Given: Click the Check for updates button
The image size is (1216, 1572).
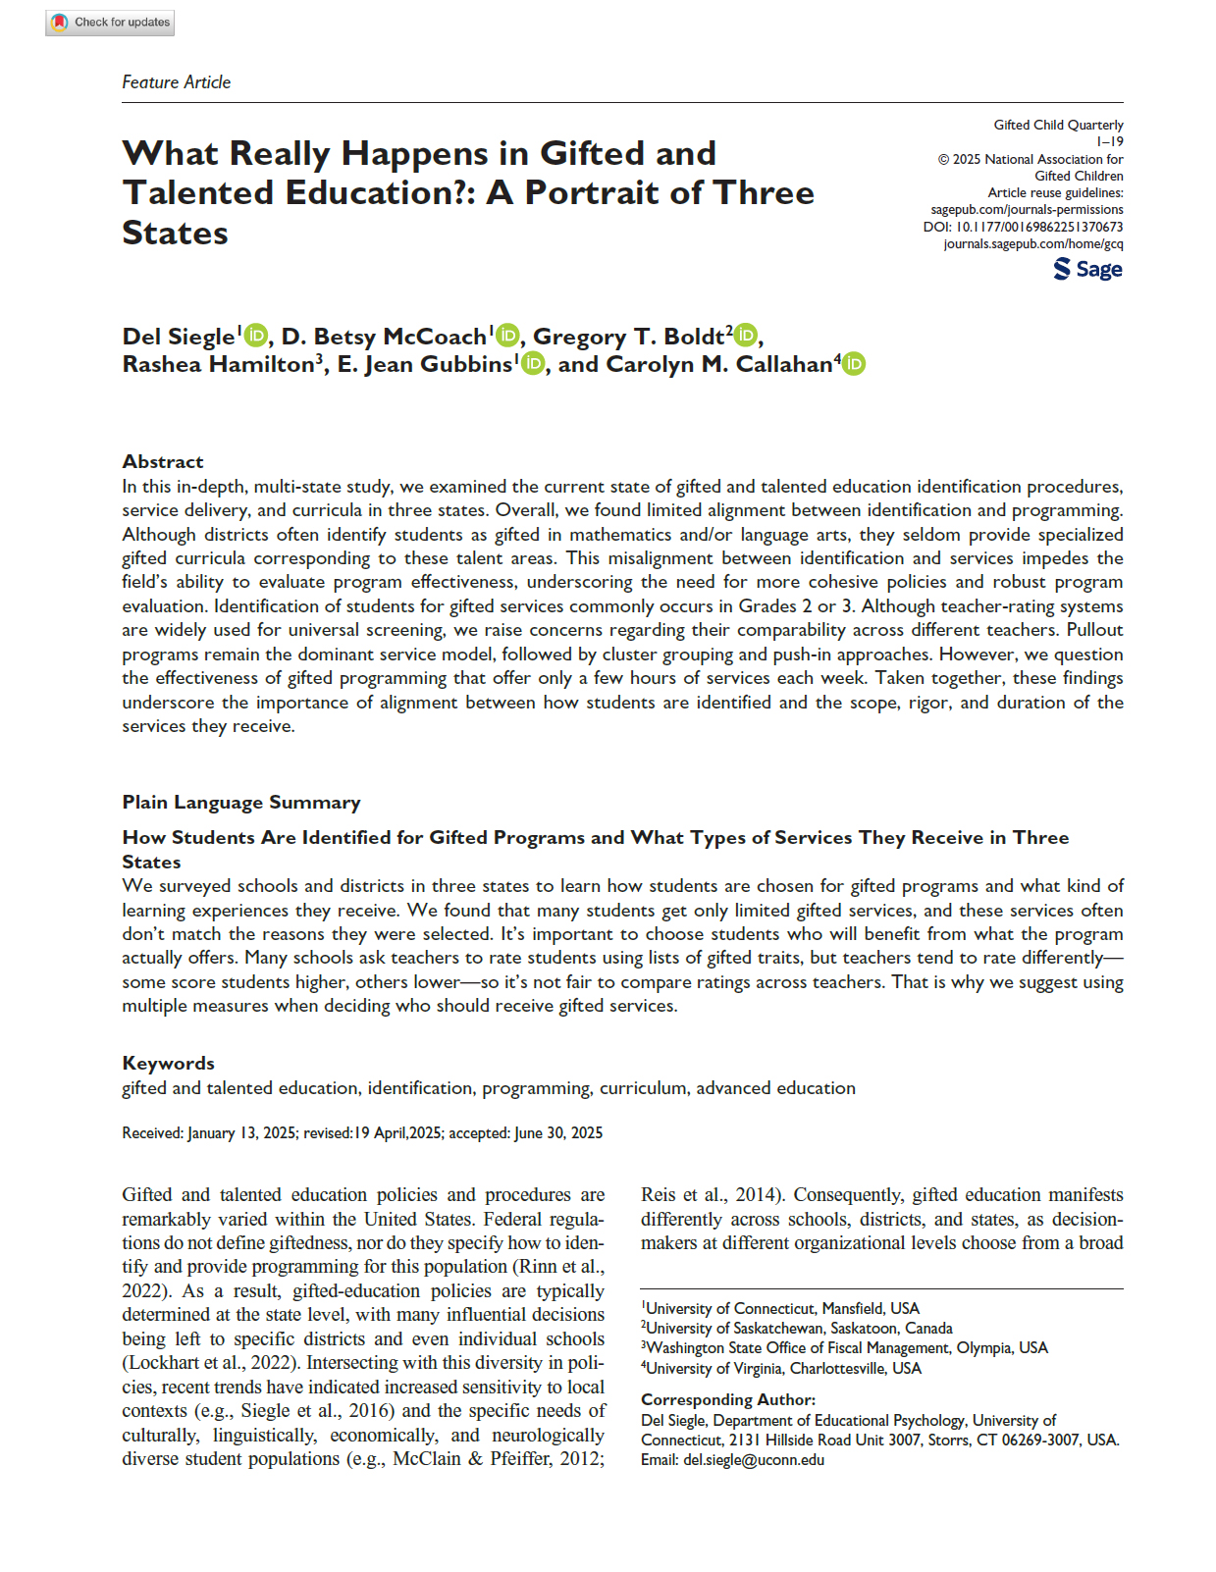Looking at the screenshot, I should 110,22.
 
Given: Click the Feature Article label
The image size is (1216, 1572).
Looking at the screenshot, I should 176,82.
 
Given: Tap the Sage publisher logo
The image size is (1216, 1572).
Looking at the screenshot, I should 1087,269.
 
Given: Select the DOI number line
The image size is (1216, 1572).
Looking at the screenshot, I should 1023,227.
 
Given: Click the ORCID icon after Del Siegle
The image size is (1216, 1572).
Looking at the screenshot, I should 255,336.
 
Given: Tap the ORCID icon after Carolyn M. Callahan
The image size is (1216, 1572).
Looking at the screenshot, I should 854,364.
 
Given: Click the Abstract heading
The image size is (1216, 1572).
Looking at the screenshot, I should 163,461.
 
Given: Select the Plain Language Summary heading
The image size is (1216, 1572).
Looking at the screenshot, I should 240,802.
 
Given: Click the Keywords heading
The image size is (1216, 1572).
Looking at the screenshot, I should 168,1063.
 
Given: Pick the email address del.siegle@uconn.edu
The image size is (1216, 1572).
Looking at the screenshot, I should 754,1459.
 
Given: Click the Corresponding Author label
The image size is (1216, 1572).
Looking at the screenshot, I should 727,1399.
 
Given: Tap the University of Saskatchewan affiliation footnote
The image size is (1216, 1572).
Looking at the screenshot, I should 798,1328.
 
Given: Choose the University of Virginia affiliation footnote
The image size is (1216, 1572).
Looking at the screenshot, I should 782,1368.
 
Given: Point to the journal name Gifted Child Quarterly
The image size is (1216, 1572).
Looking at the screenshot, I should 1058,125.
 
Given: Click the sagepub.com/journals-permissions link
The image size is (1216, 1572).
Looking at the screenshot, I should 1027,210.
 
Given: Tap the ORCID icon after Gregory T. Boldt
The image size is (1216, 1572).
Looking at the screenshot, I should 746,336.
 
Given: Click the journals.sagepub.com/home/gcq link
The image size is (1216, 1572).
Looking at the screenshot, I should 1032,243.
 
